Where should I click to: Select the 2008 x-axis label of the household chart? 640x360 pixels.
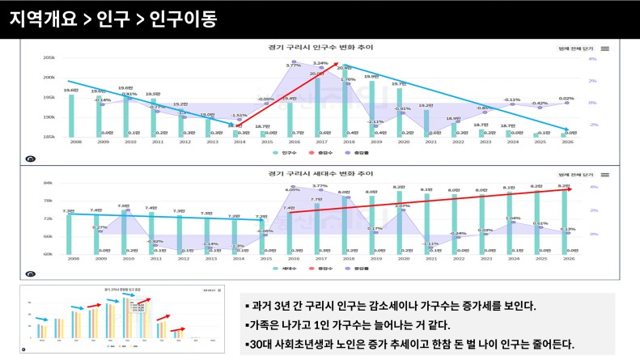(74, 259)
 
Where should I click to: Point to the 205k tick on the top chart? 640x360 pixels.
(49, 58)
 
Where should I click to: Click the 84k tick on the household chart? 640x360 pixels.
(49, 183)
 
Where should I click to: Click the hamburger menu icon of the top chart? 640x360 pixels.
(604, 49)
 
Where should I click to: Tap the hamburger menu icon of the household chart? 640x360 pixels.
(604, 174)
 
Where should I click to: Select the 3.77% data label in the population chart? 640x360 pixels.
(293, 65)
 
